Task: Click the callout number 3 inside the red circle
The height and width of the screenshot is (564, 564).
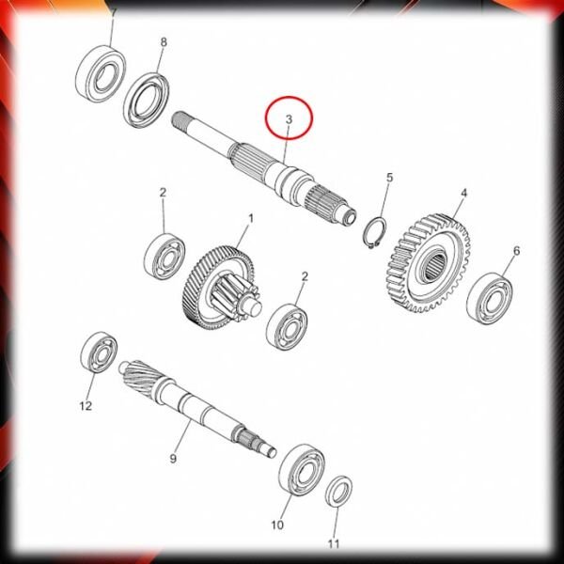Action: click(x=289, y=119)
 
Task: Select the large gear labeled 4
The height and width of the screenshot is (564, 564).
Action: click(x=430, y=262)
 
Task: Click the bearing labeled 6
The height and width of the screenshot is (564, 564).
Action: click(x=490, y=298)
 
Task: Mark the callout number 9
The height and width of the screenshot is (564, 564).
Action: click(x=173, y=459)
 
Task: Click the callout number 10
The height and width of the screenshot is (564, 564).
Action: click(x=277, y=525)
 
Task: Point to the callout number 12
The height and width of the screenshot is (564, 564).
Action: click(x=86, y=406)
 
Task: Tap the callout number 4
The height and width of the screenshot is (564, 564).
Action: click(x=464, y=193)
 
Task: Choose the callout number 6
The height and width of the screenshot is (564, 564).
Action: click(x=516, y=250)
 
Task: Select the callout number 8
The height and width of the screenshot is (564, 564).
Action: click(x=164, y=42)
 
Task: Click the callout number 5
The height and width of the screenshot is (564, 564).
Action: click(x=390, y=178)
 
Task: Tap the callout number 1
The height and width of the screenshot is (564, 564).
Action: click(x=251, y=218)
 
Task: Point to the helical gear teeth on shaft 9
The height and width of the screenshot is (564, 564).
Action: click(x=142, y=375)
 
